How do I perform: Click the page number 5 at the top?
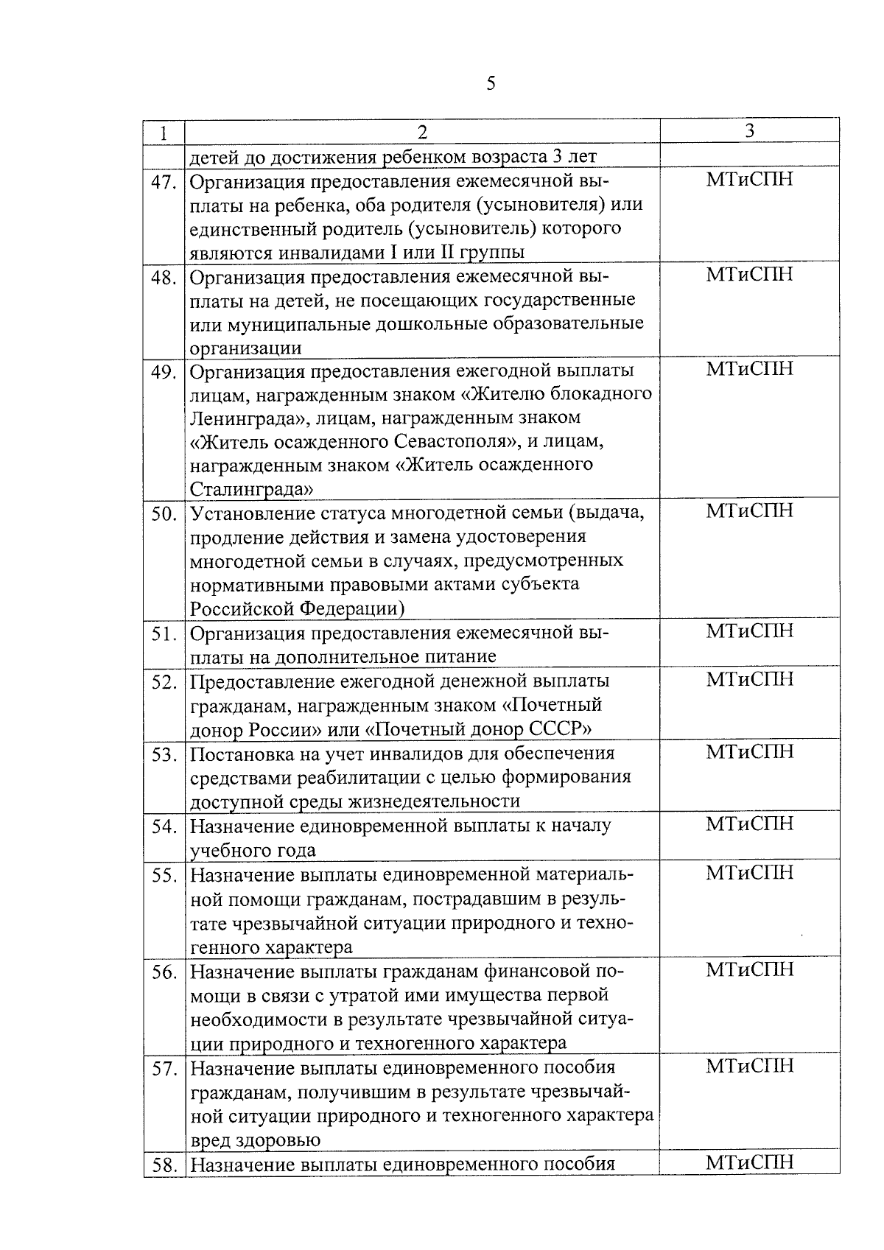(491, 83)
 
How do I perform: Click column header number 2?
(422, 132)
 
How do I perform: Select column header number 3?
(749, 130)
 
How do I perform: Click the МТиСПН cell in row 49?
(749, 369)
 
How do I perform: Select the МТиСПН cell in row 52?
(749, 679)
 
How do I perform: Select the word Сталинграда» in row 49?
(251, 489)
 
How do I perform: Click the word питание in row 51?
(461, 656)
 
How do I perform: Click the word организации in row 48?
(245, 348)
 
